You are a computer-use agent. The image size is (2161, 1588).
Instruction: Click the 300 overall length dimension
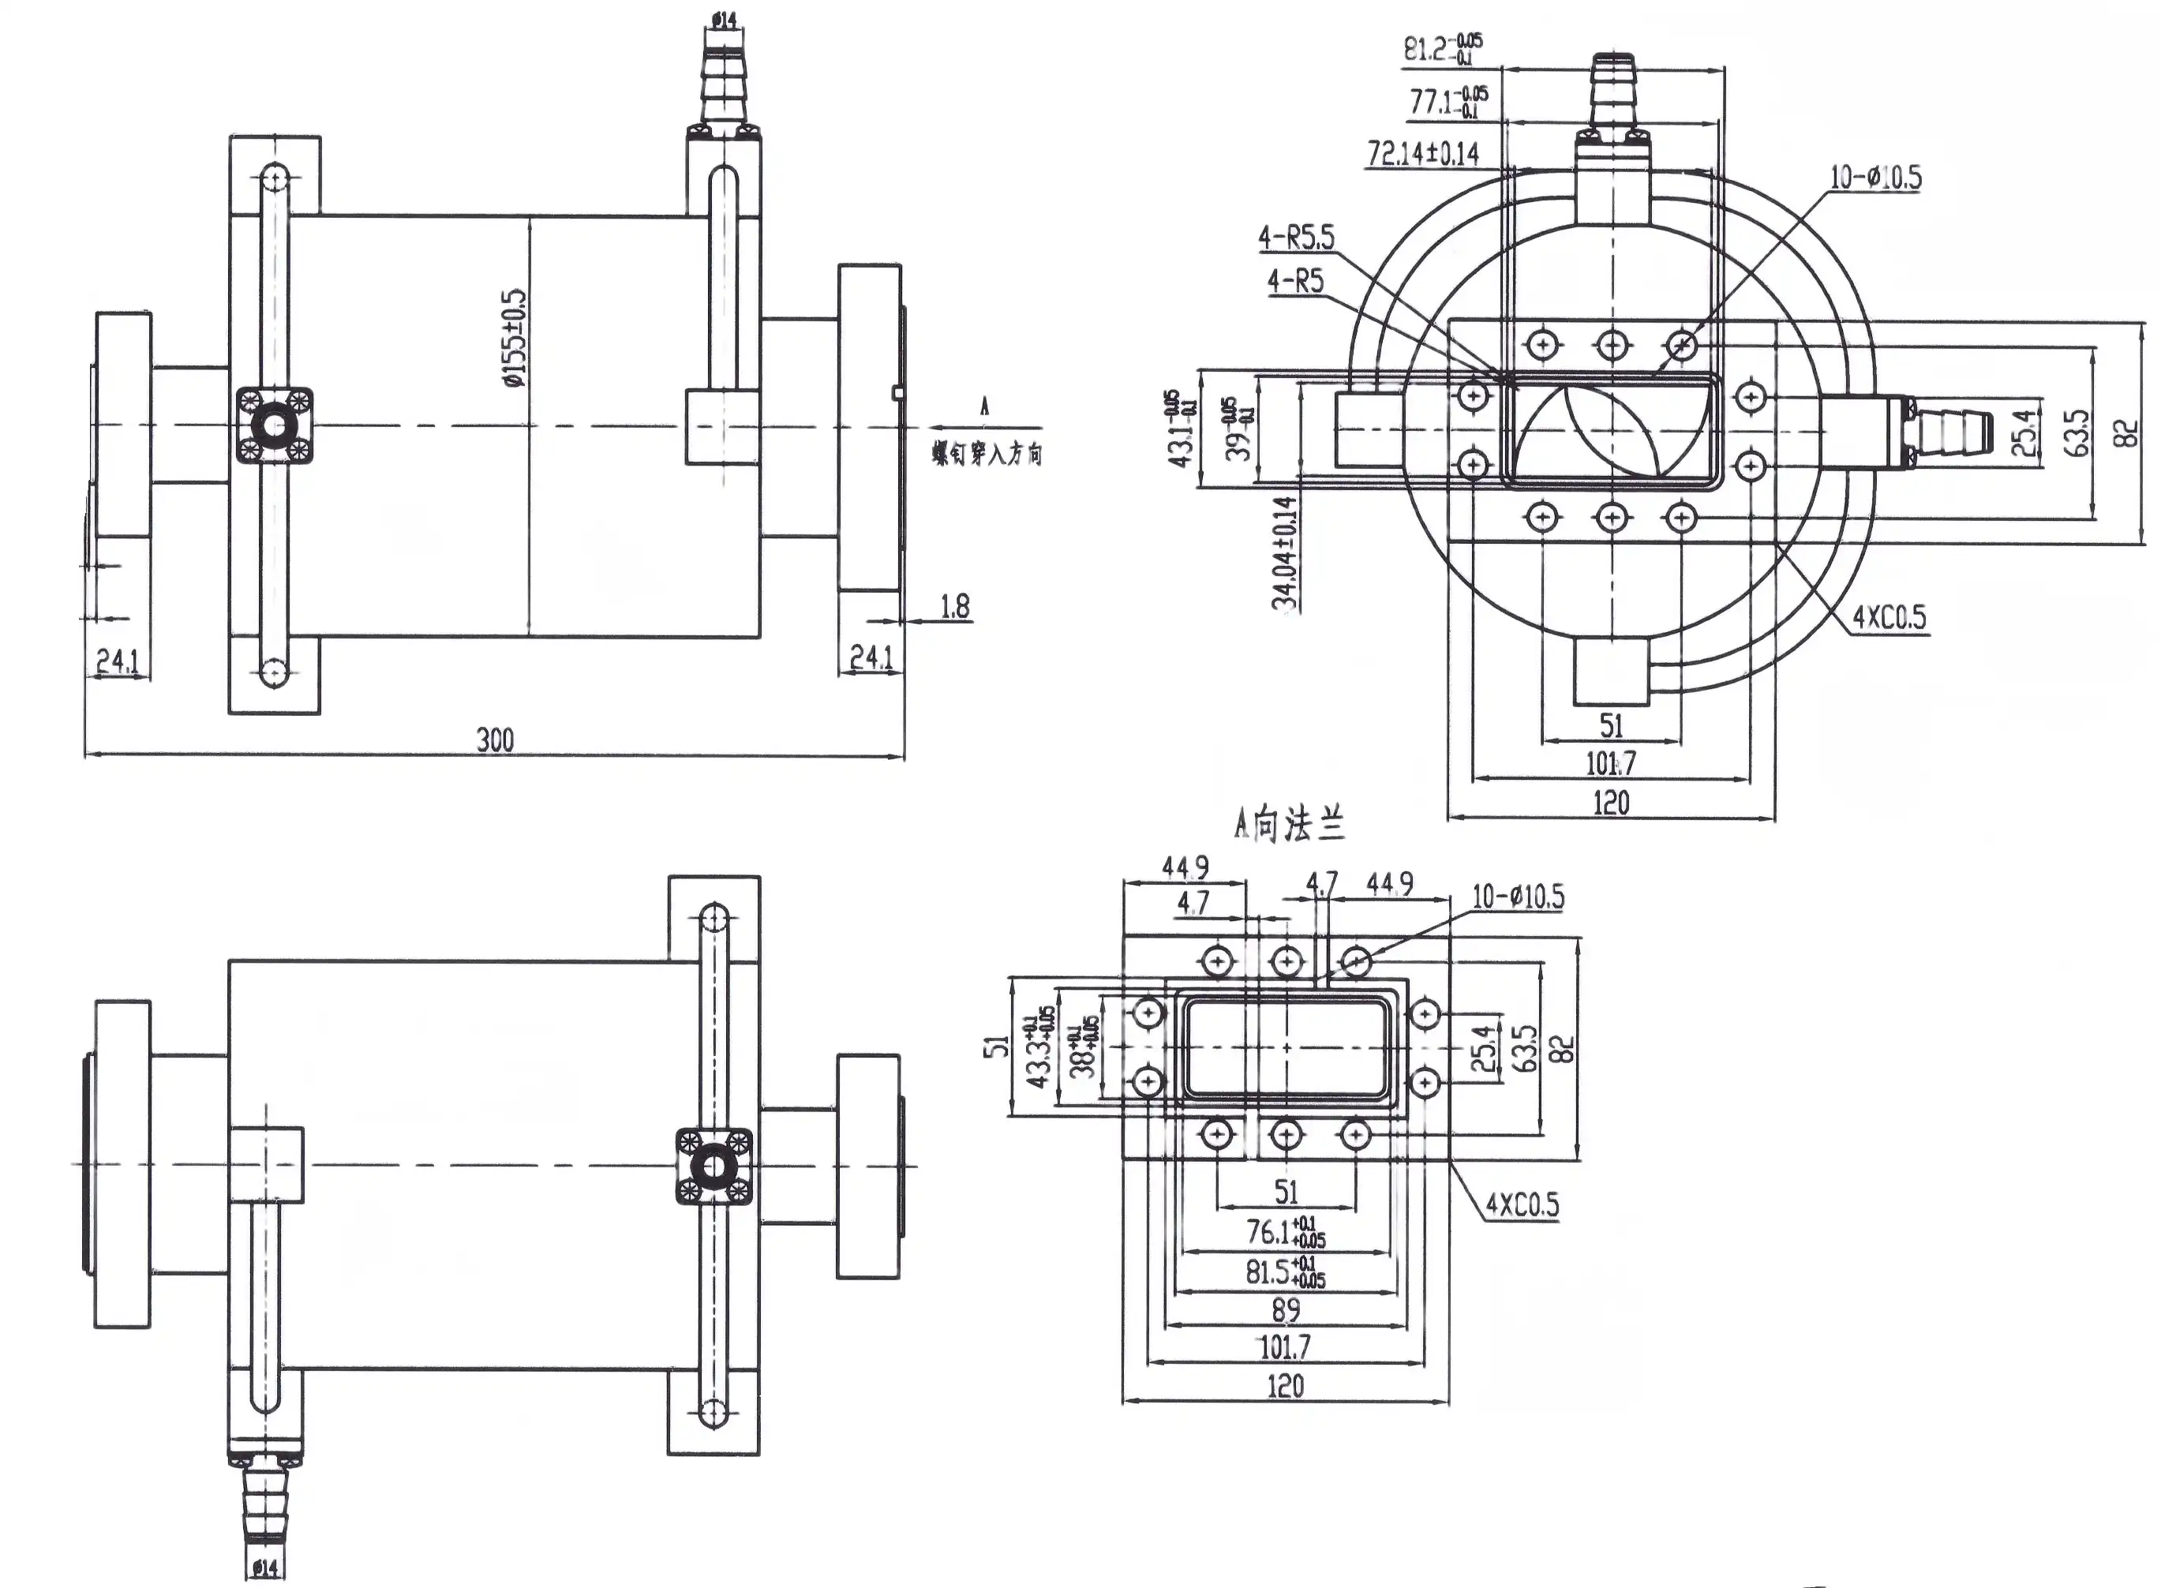[495, 740]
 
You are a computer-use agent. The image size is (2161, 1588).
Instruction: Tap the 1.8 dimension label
[954, 607]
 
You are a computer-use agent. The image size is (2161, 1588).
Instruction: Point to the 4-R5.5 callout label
[1297, 237]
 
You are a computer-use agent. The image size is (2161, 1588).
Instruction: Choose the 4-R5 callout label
[1295, 281]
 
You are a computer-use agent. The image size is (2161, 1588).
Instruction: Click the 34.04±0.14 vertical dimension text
[1284, 552]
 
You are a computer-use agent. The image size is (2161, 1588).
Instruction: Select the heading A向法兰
[1288, 825]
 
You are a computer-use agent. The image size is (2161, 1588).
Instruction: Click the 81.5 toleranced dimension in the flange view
[1285, 1272]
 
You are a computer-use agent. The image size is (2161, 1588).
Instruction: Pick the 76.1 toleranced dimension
[1285, 1231]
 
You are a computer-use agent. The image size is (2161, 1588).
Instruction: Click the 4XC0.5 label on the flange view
[1522, 1204]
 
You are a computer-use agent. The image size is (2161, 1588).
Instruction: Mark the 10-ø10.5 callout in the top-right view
[1874, 177]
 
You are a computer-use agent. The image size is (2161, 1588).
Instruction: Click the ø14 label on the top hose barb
[724, 19]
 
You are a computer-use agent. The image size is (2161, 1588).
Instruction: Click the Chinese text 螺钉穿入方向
[987, 454]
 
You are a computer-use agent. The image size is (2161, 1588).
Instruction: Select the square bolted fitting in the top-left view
[275, 426]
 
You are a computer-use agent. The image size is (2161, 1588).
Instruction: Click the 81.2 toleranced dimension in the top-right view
[1443, 48]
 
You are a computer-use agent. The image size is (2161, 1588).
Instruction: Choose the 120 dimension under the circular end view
[1611, 802]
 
